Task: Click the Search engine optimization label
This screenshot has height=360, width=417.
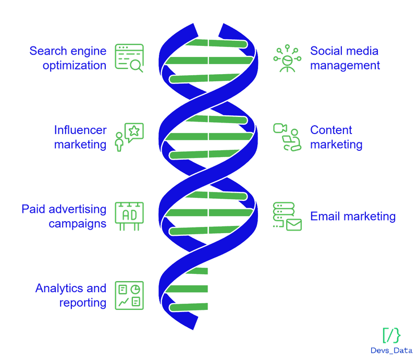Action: coord(68,58)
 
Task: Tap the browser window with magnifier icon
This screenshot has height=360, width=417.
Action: coord(129,58)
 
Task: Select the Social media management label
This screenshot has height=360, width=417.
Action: coord(345,58)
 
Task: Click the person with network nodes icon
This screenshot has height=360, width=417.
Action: coord(287,58)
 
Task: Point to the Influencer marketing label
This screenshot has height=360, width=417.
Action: coord(80,137)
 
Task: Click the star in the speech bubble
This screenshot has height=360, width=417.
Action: coord(134,131)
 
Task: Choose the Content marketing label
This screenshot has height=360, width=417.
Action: coord(336,137)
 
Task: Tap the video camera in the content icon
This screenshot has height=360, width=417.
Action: coord(280,128)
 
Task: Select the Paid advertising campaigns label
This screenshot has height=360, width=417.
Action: coord(64,216)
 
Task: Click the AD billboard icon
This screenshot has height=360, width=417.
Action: coord(129,216)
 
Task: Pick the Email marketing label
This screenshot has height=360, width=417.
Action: coord(353,216)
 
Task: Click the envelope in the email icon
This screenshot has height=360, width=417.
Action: coord(294,225)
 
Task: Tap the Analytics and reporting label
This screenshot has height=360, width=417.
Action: coord(71,295)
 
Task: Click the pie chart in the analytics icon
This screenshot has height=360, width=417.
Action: coord(136,289)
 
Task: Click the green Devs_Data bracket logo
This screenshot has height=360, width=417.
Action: coord(391,335)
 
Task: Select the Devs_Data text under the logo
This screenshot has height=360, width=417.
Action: coord(391,351)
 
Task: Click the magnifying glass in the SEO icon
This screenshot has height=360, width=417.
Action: coord(137,66)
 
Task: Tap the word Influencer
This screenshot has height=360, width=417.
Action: coord(80,130)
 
